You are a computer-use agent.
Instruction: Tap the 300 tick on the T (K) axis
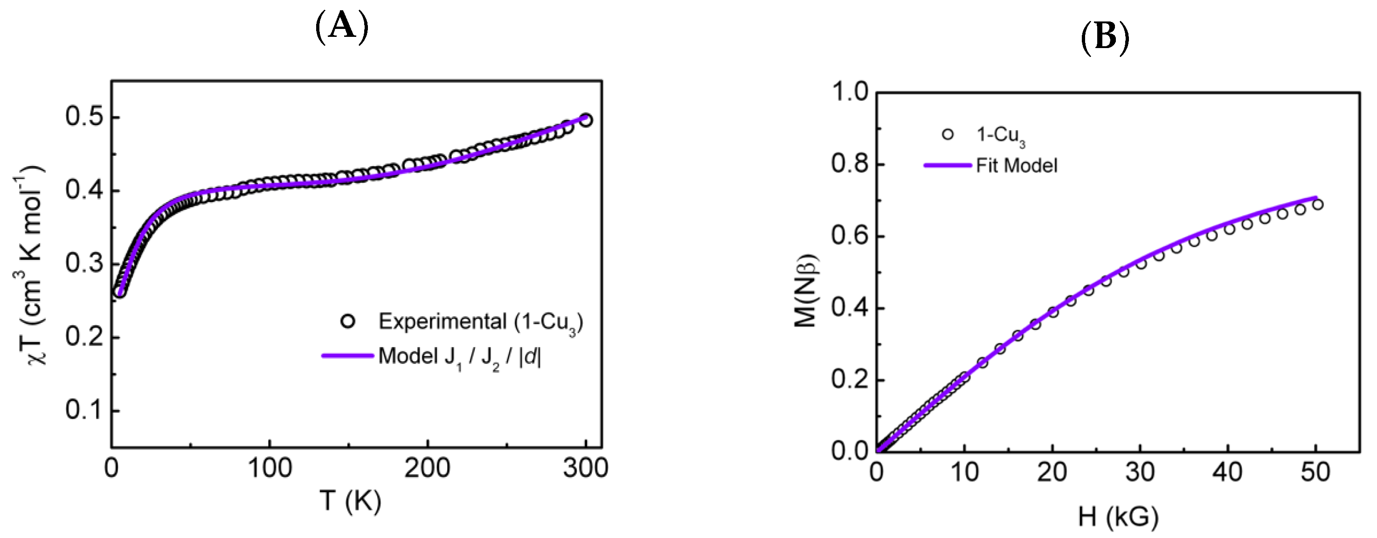click(585, 468)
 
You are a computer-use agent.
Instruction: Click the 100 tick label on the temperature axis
click(270, 468)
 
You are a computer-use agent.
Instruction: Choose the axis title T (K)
click(350, 502)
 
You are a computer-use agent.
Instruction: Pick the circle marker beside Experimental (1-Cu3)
click(348, 321)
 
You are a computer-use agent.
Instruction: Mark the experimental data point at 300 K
click(586, 120)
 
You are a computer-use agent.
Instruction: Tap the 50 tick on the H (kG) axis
click(1315, 472)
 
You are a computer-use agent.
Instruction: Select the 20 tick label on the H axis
click(1052, 472)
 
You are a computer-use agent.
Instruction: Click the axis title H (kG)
click(1118, 517)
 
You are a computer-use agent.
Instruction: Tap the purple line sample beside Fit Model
click(947, 165)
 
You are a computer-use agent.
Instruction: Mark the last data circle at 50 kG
click(1317, 204)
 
